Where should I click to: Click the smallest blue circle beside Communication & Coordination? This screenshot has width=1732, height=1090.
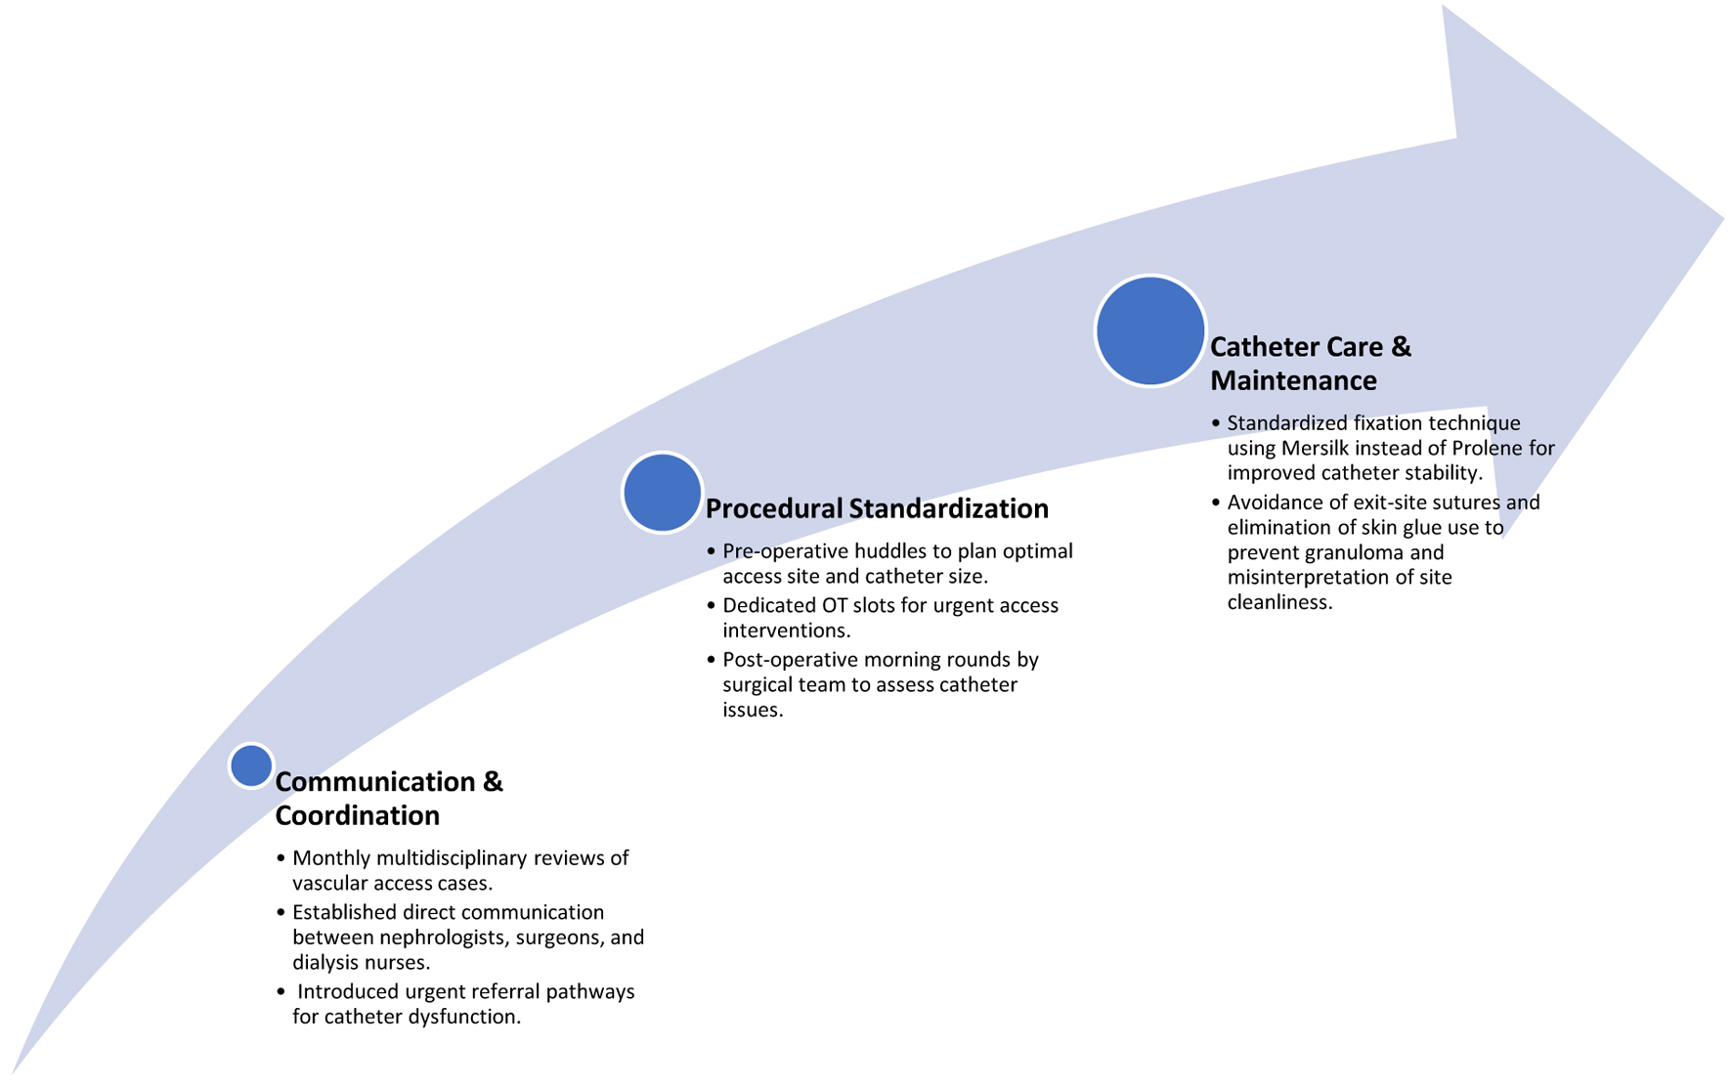tap(251, 765)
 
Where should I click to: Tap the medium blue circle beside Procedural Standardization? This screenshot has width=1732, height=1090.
tap(662, 493)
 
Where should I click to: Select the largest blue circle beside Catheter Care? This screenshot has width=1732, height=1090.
tap(1149, 331)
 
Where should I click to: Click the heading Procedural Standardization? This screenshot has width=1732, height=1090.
tap(877, 508)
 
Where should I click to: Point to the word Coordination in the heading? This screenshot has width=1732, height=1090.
tap(357, 815)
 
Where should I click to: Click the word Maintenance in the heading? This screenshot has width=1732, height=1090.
tap(1293, 380)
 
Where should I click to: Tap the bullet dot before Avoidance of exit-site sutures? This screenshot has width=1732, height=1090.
tap(1216, 502)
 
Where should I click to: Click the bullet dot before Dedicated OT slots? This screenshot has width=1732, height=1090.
tap(711, 606)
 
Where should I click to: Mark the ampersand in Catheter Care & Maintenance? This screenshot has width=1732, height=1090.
tap(1401, 347)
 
